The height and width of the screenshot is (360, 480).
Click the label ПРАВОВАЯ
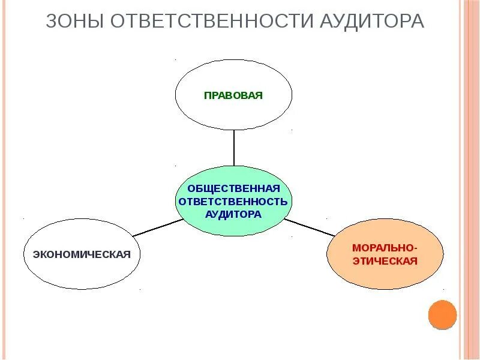233,95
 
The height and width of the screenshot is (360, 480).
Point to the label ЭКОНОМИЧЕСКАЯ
82,254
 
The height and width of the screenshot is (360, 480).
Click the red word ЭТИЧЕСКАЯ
385,262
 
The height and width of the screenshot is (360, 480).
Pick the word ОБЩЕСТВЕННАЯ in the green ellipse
233,189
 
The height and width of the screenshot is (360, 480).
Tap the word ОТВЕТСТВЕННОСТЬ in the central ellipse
233,202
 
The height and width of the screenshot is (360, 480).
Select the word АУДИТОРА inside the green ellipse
233,214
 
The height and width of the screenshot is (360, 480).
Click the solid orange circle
443,315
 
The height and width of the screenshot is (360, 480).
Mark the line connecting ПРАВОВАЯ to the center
234,148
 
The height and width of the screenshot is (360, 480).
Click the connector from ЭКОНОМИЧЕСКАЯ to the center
157,227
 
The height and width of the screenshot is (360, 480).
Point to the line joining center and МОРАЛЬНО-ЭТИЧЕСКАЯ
308,226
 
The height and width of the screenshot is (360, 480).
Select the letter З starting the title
52,22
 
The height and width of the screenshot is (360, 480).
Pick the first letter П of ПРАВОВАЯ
207,95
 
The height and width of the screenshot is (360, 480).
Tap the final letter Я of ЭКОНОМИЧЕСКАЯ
127,254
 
